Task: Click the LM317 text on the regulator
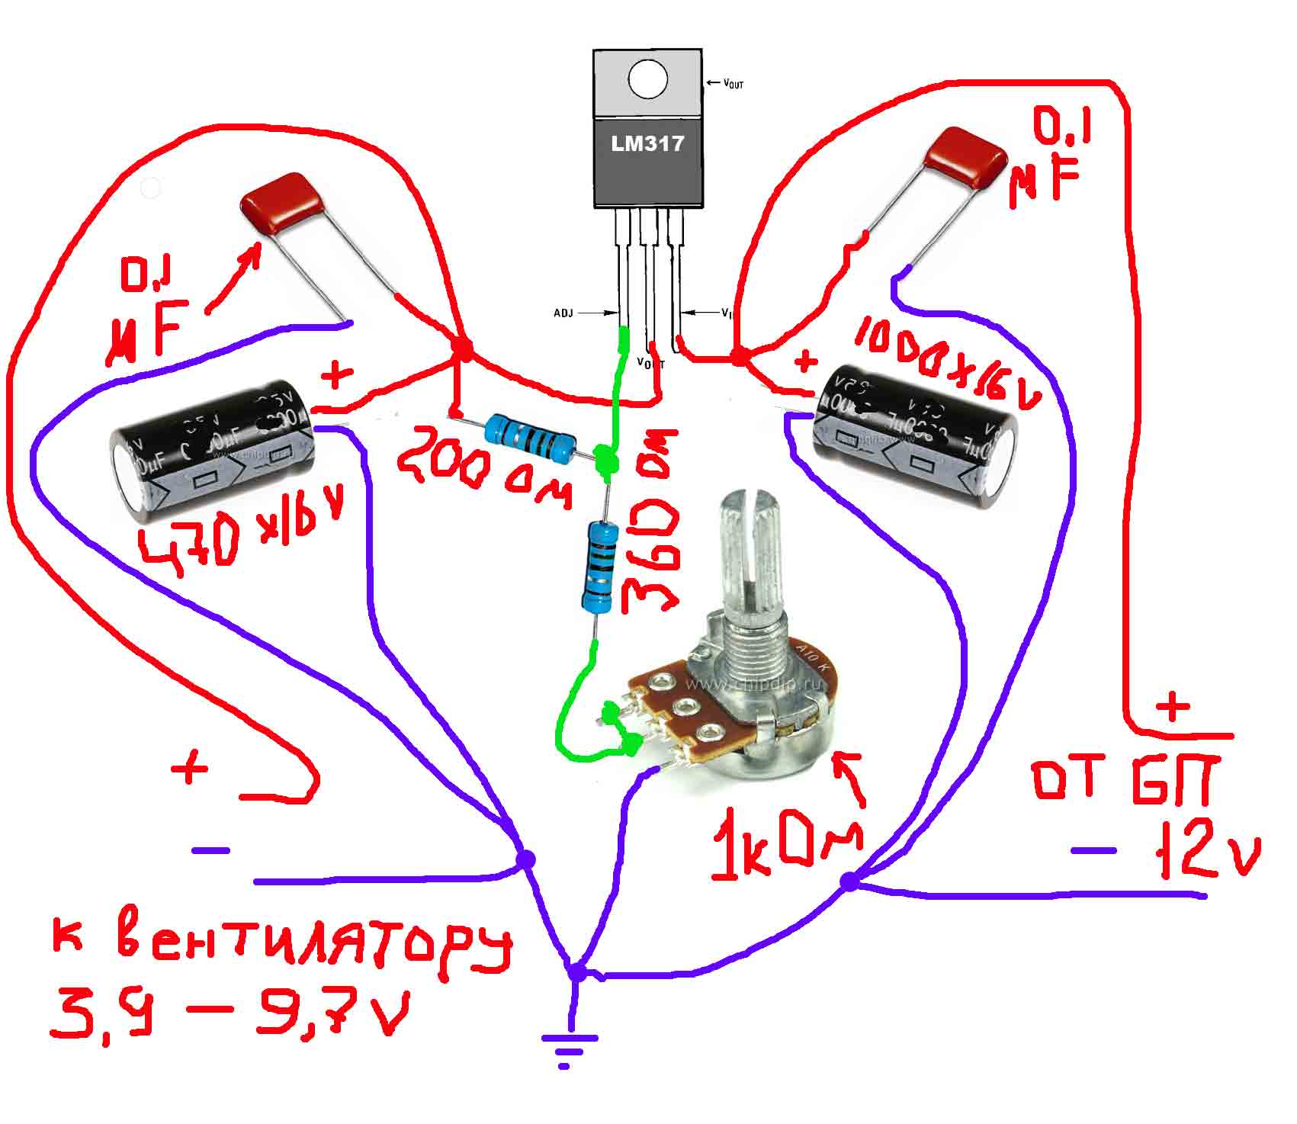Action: coord(647,143)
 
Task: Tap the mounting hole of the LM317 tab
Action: coord(647,79)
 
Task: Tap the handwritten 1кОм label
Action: coord(787,849)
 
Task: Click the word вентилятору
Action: coord(313,946)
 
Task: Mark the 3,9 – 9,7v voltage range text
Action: coord(229,1010)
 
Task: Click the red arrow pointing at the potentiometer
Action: coord(850,778)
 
